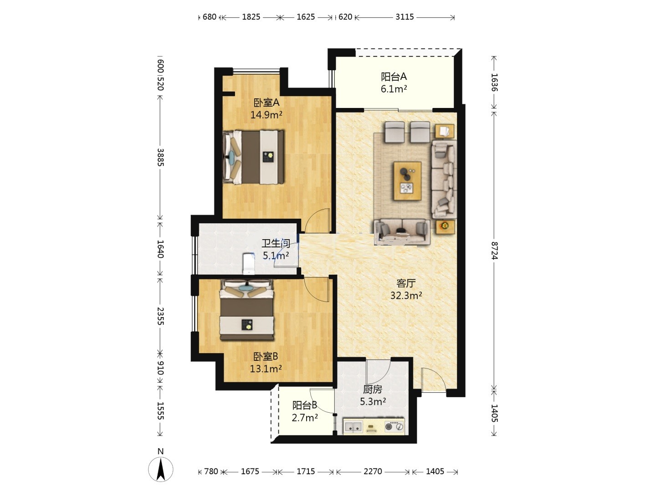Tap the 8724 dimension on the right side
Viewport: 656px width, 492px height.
click(494, 251)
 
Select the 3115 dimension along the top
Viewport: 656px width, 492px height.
click(405, 17)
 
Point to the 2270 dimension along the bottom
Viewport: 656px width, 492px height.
click(373, 471)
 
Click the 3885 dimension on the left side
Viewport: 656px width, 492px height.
click(160, 157)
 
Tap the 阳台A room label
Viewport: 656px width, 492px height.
click(394, 77)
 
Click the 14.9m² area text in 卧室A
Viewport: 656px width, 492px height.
click(266, 115)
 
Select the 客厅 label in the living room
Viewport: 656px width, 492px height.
click(406, 283)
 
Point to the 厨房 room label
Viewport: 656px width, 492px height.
click(373, 389)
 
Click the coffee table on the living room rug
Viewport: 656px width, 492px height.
click(407, 181)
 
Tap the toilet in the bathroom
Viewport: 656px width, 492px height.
click(248, 263)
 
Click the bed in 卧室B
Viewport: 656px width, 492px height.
click(247, 310)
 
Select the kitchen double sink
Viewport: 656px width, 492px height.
click(353, 427)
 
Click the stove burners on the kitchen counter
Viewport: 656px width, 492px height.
click(394, 426)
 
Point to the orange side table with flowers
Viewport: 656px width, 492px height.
click(445, 227)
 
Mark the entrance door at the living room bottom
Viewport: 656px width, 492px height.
click(434, 379)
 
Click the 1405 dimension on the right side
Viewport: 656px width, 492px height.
click(494, 413)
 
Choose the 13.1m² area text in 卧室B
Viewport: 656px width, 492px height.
click(266, 369)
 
